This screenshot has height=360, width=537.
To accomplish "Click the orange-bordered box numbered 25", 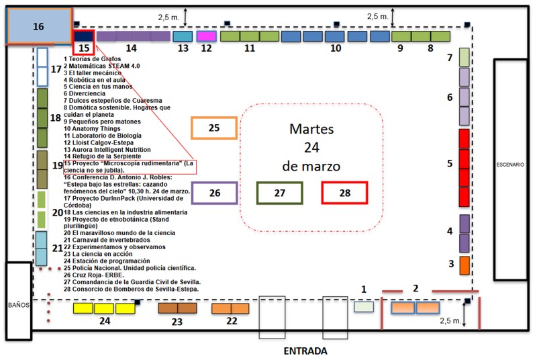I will (x=214, y=128).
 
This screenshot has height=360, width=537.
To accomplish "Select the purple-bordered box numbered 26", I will (x=214, y=193).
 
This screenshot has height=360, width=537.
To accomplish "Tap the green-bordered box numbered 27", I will (x=279, y=193).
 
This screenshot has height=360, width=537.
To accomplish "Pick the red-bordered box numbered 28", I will (x=345, y=193).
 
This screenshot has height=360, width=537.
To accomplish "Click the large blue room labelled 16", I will (x=39, y=27).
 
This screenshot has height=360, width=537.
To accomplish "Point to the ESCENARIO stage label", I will (x=514, y=165).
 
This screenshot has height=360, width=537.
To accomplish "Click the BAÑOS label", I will (x=17, y=304).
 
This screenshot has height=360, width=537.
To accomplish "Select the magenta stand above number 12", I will (x=206, y=36).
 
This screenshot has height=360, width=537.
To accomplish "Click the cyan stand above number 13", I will (x=183, y=36).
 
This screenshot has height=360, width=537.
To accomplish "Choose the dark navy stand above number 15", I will (x=83, y=36).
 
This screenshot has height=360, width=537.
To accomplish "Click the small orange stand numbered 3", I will (x=464, y=265).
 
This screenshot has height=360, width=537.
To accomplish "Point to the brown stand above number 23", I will (x=177, y=308).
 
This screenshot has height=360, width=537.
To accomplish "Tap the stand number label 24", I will (x=104, y=322).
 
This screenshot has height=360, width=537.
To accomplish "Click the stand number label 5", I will (x=450, y=163).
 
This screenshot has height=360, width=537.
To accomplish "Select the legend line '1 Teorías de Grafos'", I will (x=93, y=58).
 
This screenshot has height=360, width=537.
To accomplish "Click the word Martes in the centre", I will (x=312, y=128).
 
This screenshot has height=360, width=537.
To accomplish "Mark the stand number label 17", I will (x=56, y=69).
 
